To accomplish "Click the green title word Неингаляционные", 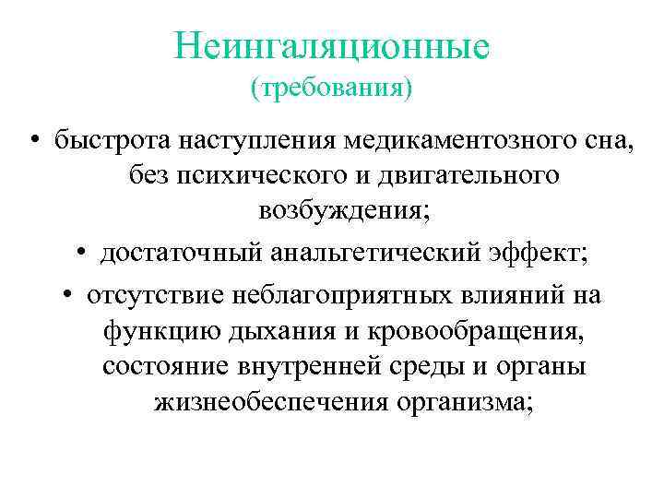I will pos(331,45).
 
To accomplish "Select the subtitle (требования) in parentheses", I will pos(331,89).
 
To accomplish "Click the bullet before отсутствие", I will pos(69,295).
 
